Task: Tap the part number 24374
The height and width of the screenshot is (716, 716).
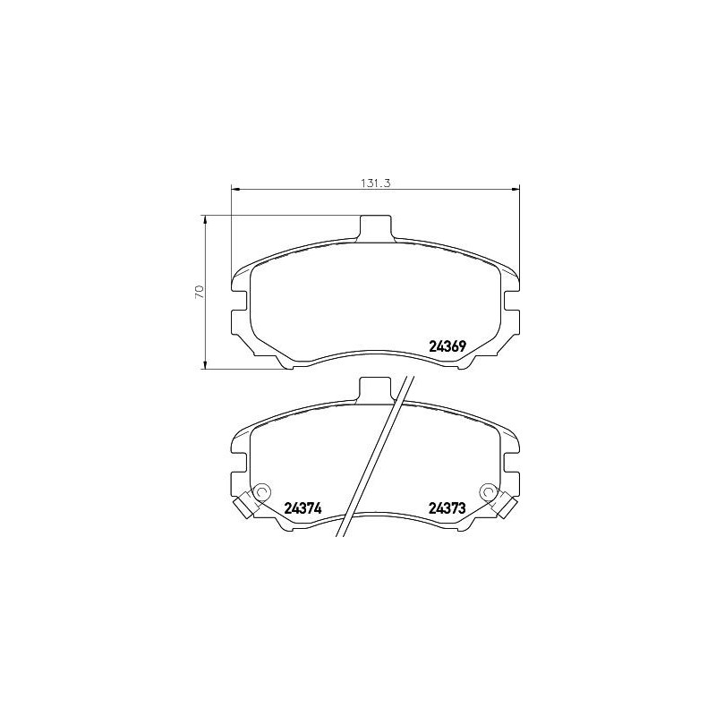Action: point(303,508)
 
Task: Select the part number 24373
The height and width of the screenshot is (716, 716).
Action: point(448,508)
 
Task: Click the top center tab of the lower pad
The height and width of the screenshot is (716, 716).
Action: point(376,388)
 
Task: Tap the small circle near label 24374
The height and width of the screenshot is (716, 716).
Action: point(262,491)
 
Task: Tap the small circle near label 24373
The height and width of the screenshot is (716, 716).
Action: point(489,491)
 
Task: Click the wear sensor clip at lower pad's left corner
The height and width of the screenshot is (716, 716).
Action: point(242,507)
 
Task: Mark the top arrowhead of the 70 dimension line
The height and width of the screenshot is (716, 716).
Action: point(207,219)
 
